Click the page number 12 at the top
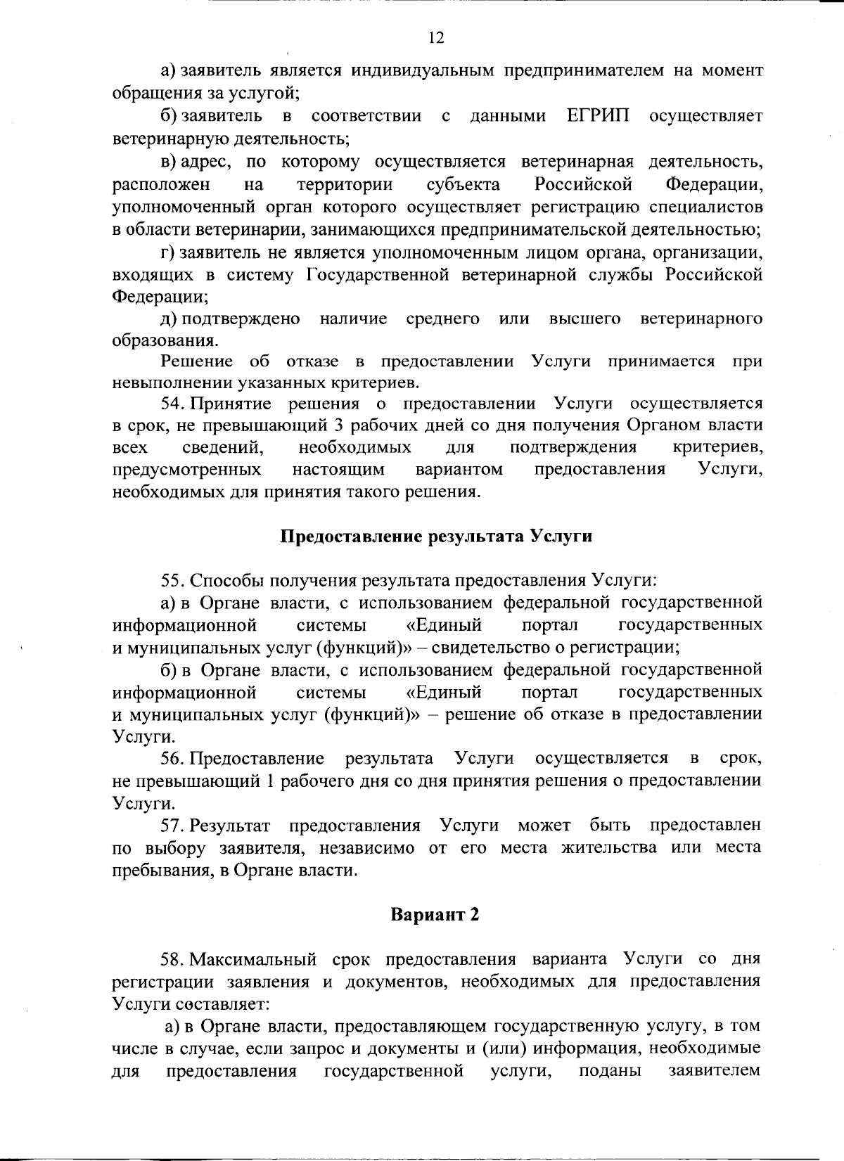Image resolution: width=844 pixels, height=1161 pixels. [436, 38]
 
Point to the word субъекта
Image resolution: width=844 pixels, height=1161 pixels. [463, 185]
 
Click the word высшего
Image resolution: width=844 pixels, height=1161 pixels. [584, 319]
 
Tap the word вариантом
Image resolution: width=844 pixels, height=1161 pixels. [459, 469]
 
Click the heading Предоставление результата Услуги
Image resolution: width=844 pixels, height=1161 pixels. [436, 537]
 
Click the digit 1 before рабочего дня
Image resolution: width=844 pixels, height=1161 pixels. [271, 781]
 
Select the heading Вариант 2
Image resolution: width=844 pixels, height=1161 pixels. [435, 915]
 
